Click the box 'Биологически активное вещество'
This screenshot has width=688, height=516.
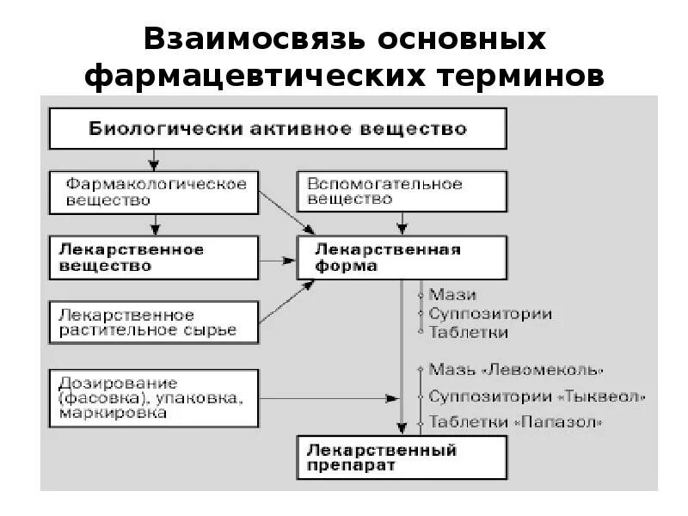pos(278,129)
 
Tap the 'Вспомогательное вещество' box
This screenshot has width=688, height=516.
pos(401,192)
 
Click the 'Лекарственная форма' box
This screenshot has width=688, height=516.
pos(401,257)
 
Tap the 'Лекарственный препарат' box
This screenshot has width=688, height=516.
pos(401,458)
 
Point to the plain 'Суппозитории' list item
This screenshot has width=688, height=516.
pos(489,313)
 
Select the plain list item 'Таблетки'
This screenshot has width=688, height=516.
pos(468,332)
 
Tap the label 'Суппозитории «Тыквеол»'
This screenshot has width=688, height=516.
pos(536,397)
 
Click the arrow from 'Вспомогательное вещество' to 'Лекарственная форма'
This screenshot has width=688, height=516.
pos(401,223)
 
